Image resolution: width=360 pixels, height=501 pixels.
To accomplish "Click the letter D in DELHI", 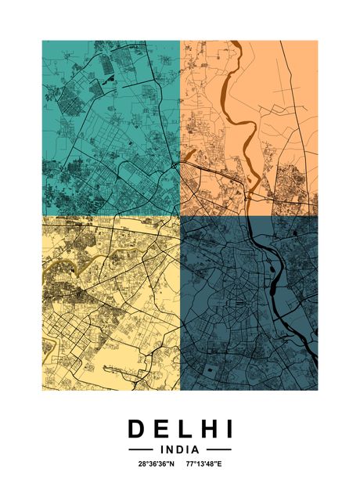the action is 136,429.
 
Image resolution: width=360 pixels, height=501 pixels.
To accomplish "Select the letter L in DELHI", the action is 182,429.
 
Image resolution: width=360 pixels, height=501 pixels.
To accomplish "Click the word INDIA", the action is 179,450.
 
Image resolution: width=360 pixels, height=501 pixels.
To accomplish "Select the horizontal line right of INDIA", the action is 219,450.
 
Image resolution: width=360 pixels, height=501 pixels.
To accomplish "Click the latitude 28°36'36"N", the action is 157,464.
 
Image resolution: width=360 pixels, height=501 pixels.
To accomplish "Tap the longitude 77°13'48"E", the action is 205,464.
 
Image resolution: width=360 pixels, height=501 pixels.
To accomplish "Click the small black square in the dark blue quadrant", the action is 254,366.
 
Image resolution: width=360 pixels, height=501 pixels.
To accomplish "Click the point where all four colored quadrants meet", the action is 181,216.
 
